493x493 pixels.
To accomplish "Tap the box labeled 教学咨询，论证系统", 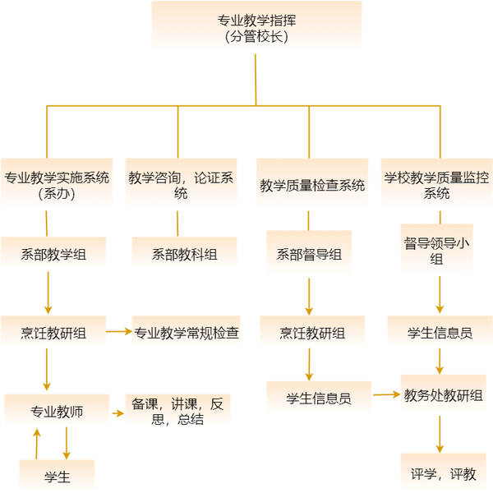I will click(181, 184).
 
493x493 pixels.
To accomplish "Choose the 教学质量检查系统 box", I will click(311, 185).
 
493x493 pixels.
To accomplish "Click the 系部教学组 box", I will click(53, 254).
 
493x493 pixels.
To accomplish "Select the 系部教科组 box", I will click(184, 254).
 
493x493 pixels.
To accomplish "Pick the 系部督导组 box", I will click(308, 255).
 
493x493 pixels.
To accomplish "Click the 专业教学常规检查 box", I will click(187, 333).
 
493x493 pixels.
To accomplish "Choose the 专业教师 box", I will click(57, 410).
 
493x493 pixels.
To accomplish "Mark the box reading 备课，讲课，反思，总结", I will click(177, 411).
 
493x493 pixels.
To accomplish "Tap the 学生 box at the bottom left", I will click(57, 476).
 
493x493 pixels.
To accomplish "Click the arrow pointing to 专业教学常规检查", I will click(118, 331).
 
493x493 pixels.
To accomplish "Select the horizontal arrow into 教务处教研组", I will click(385, 395).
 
